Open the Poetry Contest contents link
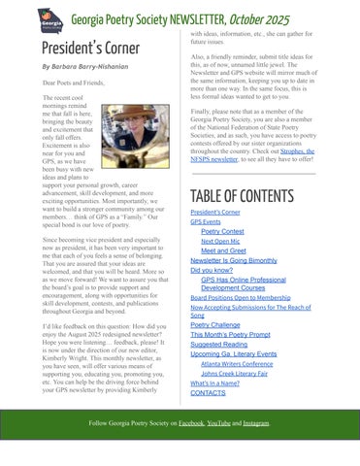click(x=222, y=232)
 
